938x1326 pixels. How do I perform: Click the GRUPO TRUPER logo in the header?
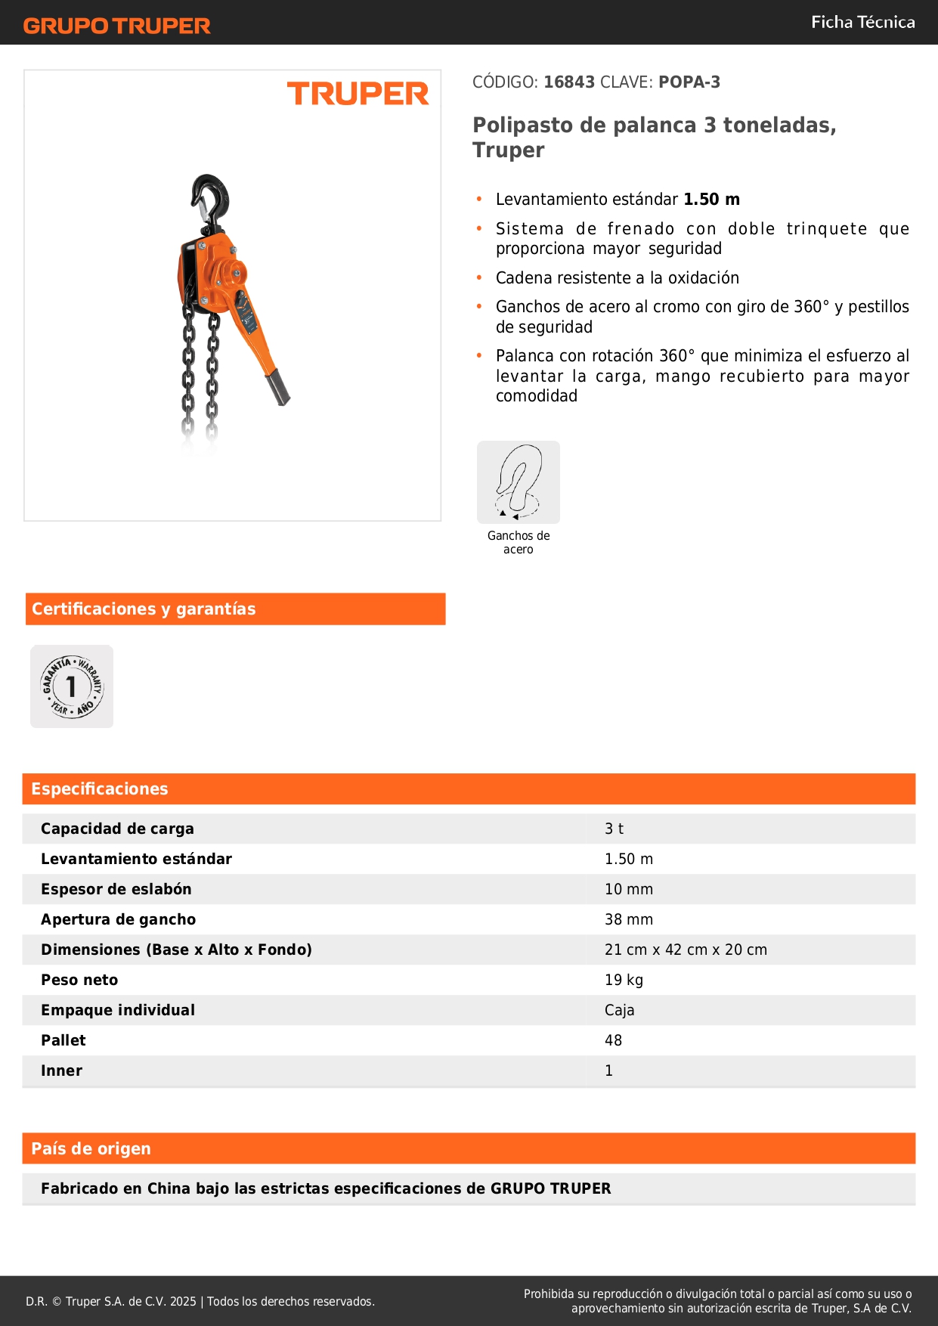pos(116,26)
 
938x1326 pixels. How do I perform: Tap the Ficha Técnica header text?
pos(862,23)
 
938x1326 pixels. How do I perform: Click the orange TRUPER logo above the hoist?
pos(358,94)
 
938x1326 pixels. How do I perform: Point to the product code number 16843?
pos(569,82)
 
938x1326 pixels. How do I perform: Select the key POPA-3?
pos(689,82)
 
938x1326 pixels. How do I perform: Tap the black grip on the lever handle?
pos(277,387)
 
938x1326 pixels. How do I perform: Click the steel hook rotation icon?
pos(519,482)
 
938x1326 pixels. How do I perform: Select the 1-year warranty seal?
pos(72,686)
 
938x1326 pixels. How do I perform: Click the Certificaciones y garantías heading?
pos(144,609)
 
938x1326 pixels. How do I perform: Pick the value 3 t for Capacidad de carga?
pos(614,829)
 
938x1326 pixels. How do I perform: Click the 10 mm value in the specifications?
pos(628,889)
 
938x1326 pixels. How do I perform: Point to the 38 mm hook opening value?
pos(628,919)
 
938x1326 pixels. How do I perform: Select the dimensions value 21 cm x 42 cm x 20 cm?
pos(685,950)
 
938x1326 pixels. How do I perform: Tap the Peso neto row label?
pos(79,980)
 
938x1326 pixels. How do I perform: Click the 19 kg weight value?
pos(624,980)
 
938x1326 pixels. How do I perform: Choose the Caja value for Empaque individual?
pos(619,1010)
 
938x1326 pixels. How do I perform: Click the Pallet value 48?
pos(613,1040)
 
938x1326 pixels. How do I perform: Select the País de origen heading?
pos(91,1149)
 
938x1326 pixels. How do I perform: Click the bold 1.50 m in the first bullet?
pos(711,200)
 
